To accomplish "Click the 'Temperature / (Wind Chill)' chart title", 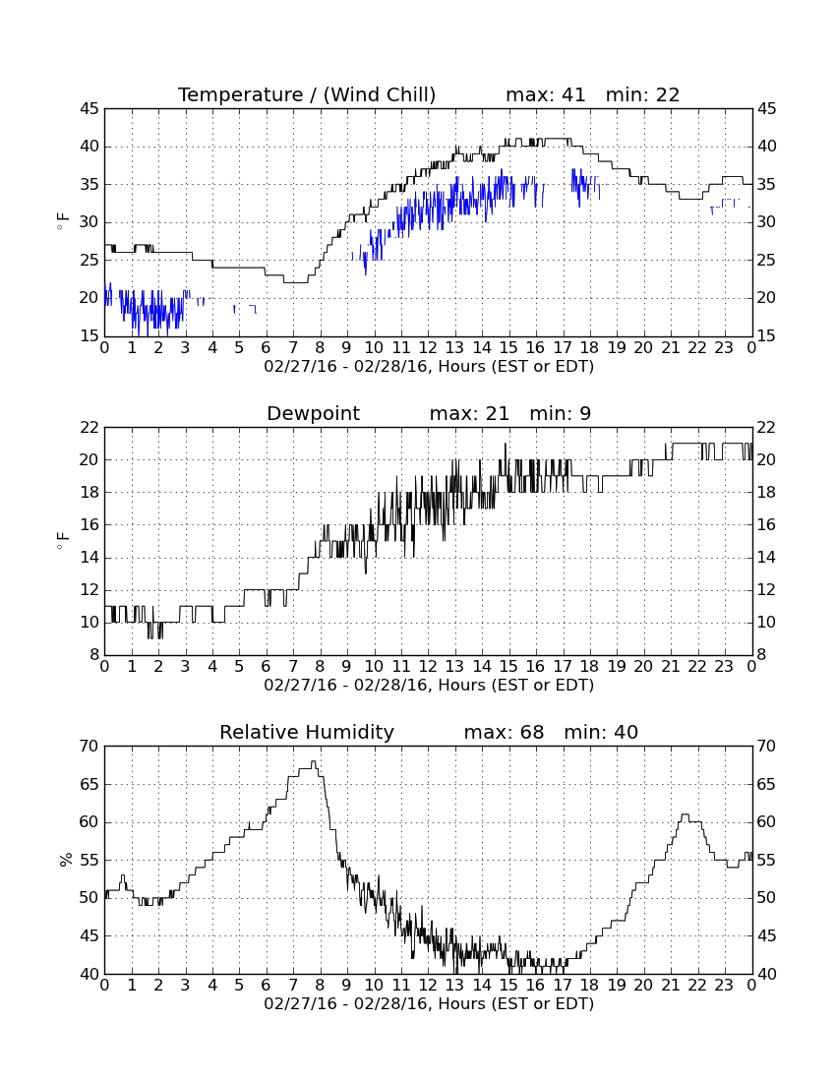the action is click(307, 94).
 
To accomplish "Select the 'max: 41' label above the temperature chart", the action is click(546, 94).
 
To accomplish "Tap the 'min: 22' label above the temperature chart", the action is click(643, 94).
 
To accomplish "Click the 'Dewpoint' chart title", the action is click(313, 413).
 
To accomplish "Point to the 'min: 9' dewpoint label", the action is click(560, 413).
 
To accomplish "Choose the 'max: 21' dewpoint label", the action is click(469, 413).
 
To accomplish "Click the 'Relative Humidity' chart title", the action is click(307, 732).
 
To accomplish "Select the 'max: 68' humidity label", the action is click(504, 732).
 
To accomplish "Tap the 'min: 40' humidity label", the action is click(601, 732).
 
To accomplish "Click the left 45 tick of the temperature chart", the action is click(90, 108).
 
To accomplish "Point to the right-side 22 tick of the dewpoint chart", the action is click(767, 427).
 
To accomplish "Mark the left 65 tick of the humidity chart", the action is click(90, 784).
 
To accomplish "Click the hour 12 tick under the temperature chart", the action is click(428, 348).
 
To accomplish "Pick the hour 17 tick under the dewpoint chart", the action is click(563, 667).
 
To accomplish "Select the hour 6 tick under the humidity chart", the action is click(267, 986).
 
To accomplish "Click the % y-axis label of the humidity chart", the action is click(66, 859).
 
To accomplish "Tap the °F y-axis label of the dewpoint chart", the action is click(64, 540).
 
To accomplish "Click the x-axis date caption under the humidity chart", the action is click(429, 1003).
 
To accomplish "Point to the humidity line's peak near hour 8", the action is click(313, 761).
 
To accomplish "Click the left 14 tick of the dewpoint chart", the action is click(90, 557).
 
